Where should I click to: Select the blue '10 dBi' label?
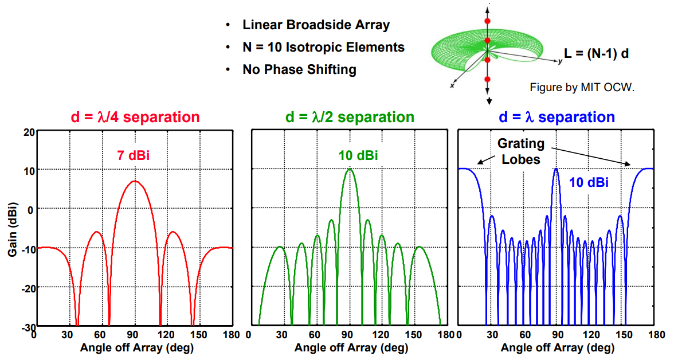click(x=589, y=183)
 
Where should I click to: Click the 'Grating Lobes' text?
click(x=521, y=151)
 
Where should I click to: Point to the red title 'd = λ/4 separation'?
click(x=135, y=118)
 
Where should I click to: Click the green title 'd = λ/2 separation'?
click(x=350, y=118)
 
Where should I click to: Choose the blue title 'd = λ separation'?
click(x=557, y=118)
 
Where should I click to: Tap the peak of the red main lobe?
click(x=134, y=181)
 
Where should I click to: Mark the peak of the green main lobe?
click(x=350, y=169)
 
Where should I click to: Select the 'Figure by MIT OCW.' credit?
click(x=582, y=88)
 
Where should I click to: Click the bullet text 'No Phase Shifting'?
click(x=299, y=70)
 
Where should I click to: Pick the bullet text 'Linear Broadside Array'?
click(x=316, y=25)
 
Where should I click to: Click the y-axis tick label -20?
click(x=26, y=287)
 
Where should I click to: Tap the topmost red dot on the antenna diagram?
click(x=488, y=21)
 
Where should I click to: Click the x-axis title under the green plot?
click(x=350, y=347)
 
